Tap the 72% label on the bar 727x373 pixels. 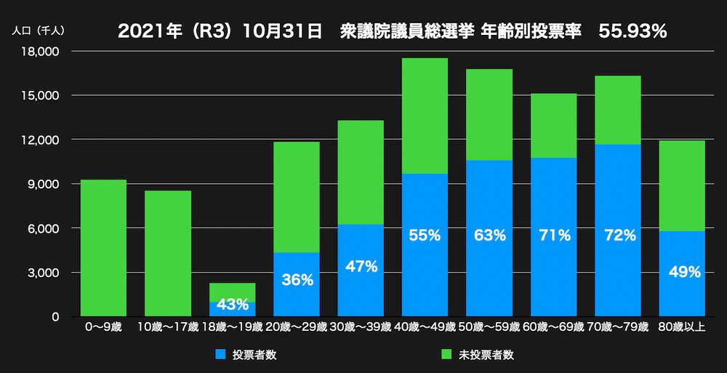coord(618,235)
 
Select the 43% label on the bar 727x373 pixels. coord(233,305)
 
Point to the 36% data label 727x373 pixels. coord(297,280)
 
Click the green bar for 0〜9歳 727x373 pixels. coord(104,247)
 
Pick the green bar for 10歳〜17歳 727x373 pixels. coord(168,253)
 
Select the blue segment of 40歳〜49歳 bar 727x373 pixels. coord(425,276)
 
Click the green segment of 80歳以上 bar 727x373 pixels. coord(682,185)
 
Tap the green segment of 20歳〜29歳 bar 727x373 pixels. coord(297,196)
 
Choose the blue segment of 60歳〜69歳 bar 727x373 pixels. coord(553,276)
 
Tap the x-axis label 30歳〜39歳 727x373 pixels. coord(361,327)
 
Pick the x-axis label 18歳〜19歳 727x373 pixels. coord(233,327)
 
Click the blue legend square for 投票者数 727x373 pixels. coord(220,355)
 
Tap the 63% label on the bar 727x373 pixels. coord(489,235)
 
